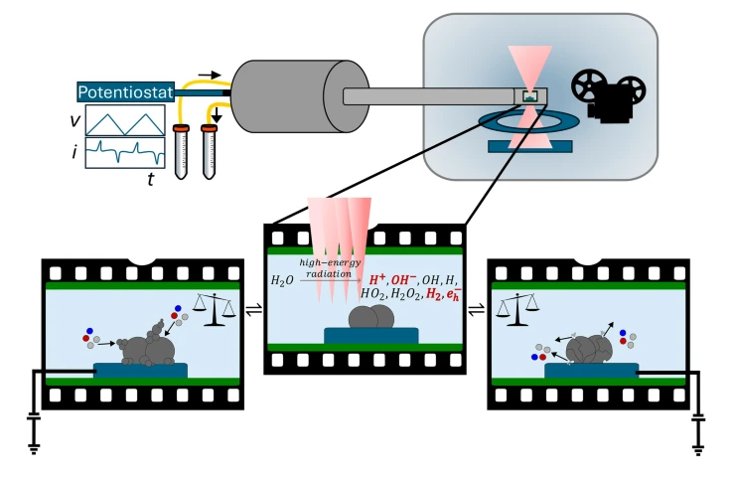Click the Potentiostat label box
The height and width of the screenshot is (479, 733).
125,92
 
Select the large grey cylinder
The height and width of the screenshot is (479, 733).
283,95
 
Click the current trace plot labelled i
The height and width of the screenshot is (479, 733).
124,152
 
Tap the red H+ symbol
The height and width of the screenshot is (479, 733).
378,280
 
